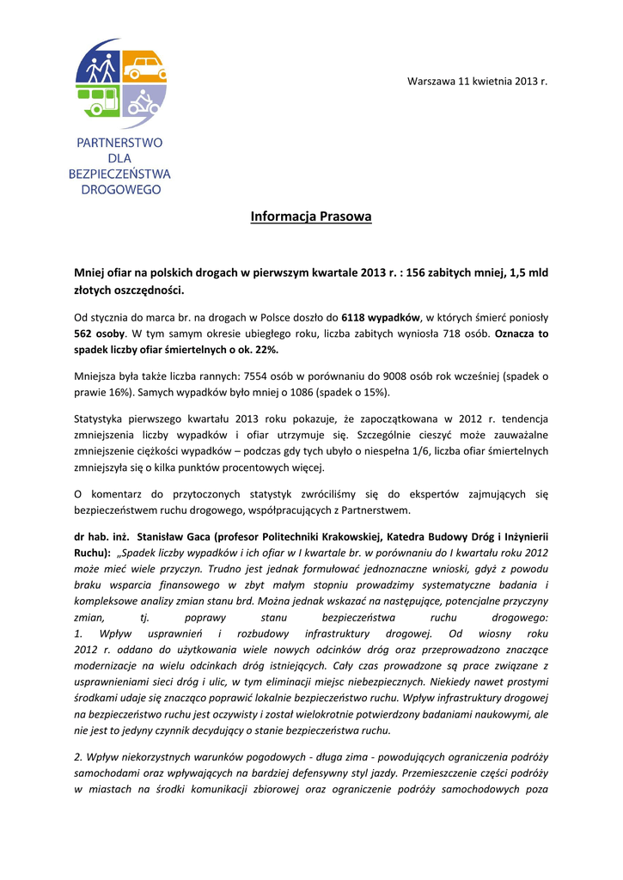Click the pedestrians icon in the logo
[101, 67]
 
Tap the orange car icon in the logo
[144, 65]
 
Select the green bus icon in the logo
[99, 99]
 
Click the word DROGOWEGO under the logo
[120, 189]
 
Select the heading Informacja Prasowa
[311, 217]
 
